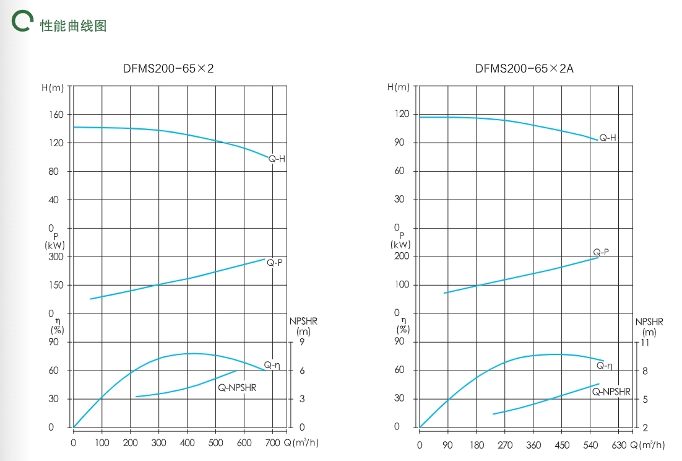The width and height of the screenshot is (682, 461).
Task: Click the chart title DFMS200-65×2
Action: point(168,69)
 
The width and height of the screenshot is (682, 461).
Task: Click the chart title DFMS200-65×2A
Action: point(524,69)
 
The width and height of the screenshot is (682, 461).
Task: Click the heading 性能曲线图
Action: point(73,25)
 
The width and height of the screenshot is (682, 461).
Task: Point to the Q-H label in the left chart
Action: point(277,159)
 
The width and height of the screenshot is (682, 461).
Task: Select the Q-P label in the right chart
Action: point(601,252)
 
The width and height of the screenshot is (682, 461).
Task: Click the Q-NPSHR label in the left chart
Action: point(236,388)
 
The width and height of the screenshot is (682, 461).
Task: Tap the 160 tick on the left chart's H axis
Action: point(56,115)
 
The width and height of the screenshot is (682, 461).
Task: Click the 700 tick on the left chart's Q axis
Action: point(273,443)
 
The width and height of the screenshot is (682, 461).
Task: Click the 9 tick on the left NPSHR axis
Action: point(302,342)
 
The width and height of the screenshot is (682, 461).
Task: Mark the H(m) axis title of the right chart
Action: point(399,87)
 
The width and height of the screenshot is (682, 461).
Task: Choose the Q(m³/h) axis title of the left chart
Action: point(301,443)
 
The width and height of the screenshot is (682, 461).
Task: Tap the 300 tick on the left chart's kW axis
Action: point(56,257)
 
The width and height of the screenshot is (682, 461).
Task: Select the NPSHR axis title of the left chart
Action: point(303,327)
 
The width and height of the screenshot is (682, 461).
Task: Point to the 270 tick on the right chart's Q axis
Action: point(505,445)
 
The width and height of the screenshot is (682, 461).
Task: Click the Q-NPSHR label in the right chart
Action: point(611,392)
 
